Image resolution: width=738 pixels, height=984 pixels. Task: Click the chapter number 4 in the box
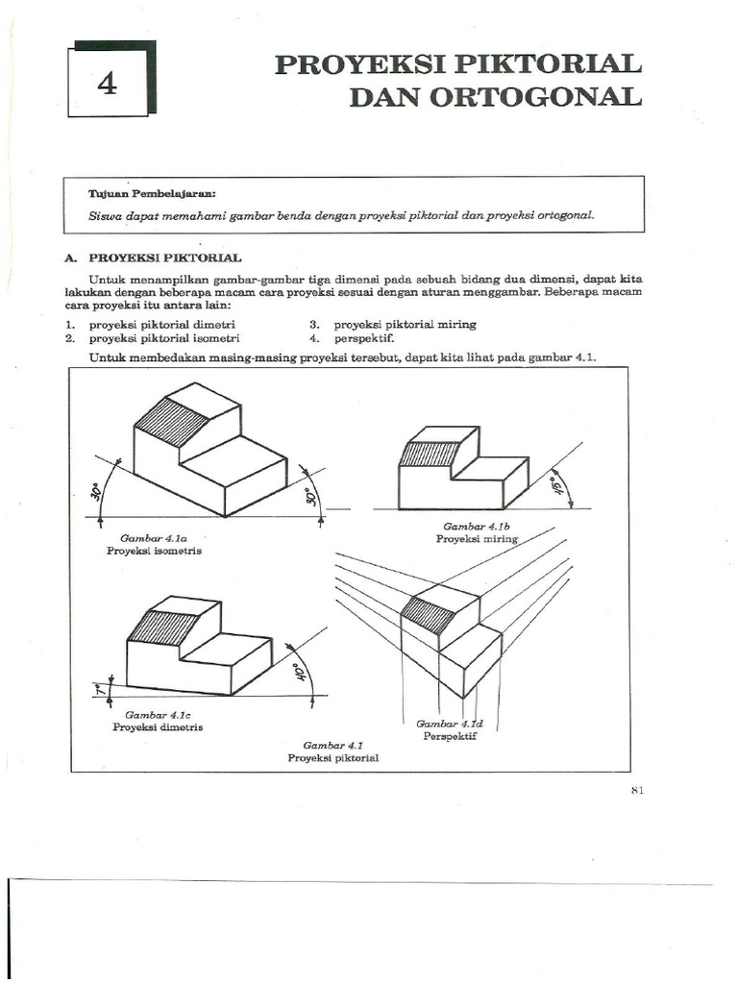(x=107, y=84)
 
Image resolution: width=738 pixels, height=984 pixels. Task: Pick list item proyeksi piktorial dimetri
(x=163, y=325)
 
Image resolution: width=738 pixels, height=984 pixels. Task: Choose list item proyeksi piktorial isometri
(x=164, y=338)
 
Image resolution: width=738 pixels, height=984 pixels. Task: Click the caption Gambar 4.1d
(x=450, y=724)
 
